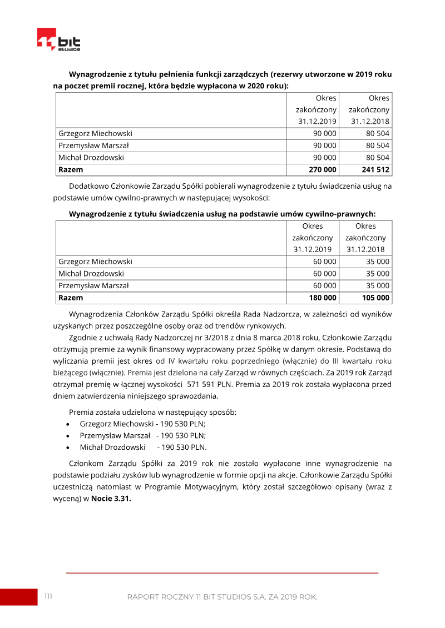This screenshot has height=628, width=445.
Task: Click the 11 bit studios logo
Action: pyautogui.click(x=59, y=40)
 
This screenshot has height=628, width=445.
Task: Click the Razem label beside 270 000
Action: pyautogui.click(x=71, y=170)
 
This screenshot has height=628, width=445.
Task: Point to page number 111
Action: pyautogui.click(x=48, y=596)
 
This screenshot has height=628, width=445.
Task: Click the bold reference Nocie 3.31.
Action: pyautogui.click(x=111, y=499)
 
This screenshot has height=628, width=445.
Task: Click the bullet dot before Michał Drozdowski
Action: pyautogui.click(x=67, y=448)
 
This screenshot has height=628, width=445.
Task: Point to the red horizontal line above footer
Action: pyautogui.click(x=222, y=572)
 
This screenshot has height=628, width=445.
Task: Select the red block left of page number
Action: pyautogui.click(x=18, y=597)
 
